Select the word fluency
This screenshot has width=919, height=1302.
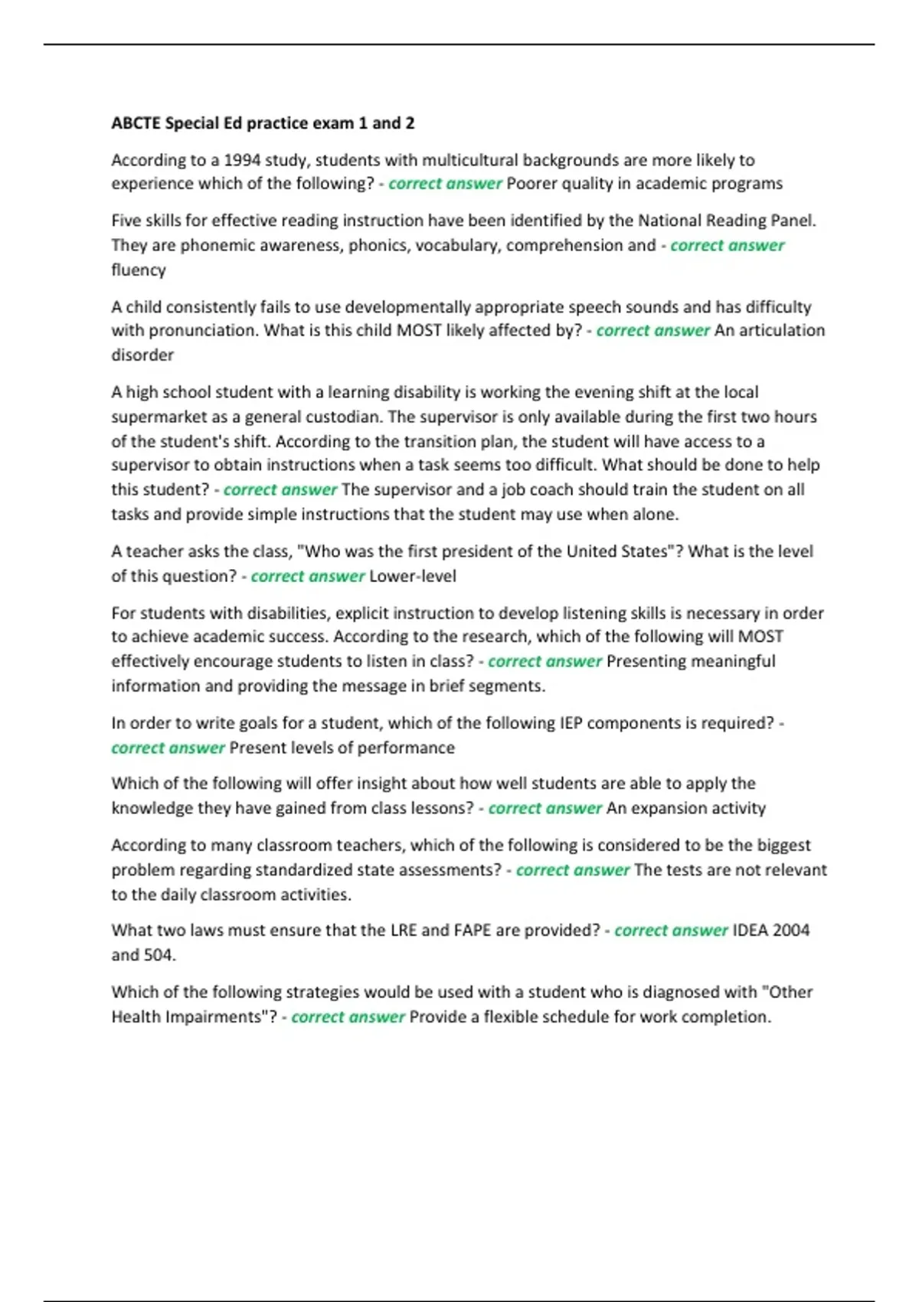pos(139,270)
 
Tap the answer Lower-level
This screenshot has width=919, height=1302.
pos(413,576)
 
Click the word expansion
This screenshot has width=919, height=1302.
pos(666,808)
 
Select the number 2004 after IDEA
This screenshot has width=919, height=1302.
pos(791,931)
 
